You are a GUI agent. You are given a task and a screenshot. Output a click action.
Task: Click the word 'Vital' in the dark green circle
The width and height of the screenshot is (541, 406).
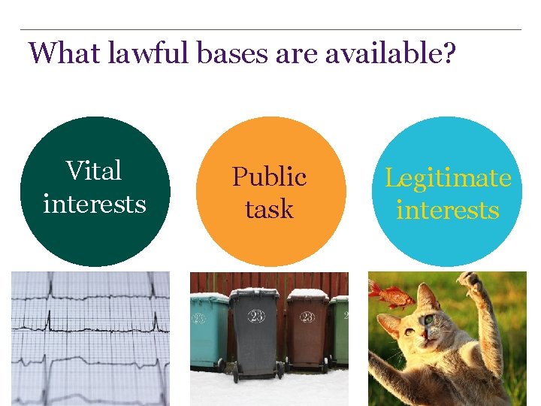(x=94, y=171)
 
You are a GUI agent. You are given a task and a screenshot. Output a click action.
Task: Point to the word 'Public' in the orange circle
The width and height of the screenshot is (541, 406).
(x=269, y=177)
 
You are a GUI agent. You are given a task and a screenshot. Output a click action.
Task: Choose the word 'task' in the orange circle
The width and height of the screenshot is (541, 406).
(x=269, y=209)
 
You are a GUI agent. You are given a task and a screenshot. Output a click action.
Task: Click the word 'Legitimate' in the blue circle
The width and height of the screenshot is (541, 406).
(x=448, y=177)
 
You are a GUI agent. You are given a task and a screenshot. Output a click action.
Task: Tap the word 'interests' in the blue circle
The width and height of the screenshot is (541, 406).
(x=448, y=210)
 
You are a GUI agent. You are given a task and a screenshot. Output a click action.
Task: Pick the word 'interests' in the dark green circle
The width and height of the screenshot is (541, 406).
(x=94, y=203)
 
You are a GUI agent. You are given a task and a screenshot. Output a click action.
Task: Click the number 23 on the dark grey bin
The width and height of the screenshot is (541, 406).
(x=256, y=317)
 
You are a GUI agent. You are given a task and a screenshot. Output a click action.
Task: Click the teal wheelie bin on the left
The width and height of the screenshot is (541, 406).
(x=208, y=331)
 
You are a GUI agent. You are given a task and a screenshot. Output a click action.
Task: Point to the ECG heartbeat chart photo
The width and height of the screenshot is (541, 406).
(x=90, y=338)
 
